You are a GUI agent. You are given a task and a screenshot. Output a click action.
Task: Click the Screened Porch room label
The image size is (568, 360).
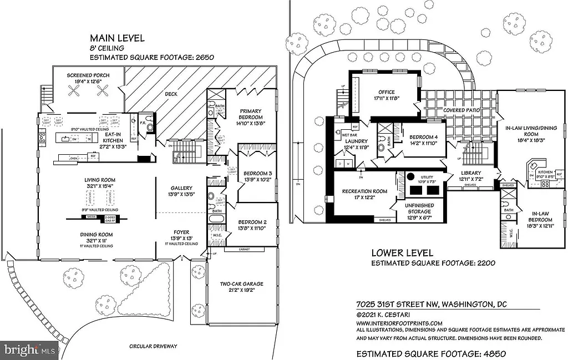point(88,75)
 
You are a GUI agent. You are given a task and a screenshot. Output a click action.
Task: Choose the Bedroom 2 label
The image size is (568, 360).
point(252,221)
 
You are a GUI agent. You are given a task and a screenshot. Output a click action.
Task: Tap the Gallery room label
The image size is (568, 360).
point(181,188)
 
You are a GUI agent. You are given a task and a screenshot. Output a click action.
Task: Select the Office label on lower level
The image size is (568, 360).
point(386,92)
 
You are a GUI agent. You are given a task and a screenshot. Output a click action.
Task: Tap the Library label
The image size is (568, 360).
point(470,173)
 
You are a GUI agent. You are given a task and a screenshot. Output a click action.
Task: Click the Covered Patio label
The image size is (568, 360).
point(461,110)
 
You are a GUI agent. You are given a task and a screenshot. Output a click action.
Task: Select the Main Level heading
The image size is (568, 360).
point(117,38)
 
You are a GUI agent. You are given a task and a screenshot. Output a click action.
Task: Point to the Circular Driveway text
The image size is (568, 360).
point(154,346)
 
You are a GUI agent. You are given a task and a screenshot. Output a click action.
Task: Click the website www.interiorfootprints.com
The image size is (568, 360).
point(399,323)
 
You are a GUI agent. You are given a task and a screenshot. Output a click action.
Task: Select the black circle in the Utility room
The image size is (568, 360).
point(411,176)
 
